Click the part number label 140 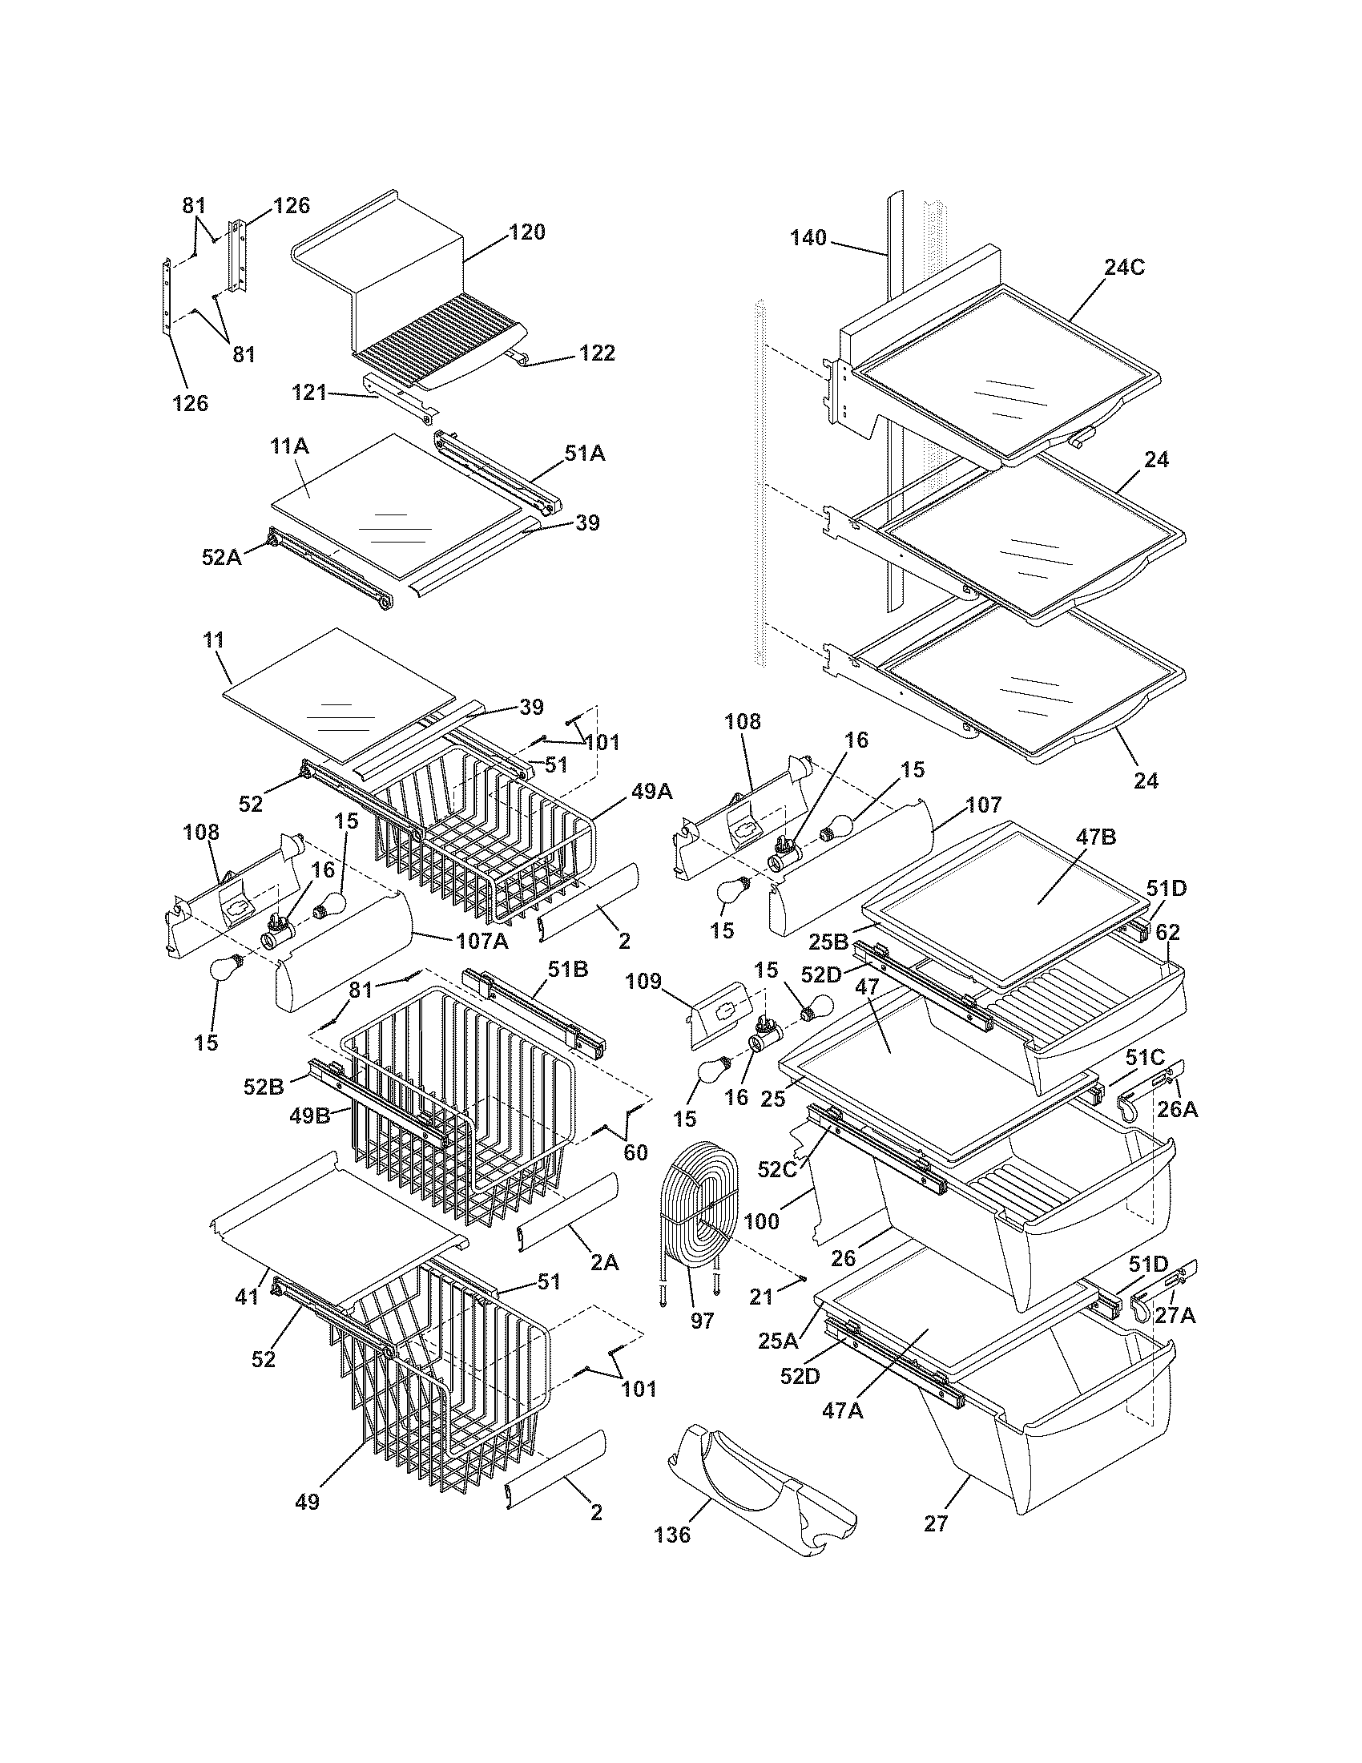pyautogui.click(x=808, y=237)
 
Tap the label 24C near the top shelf pyautogui.click(x=1124, y=268)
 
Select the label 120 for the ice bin pyautogui.click(x=527, y=232)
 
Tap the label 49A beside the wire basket pyautogui.click(x=652, y=793)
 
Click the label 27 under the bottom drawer pyautogui.click(x=936, y=1524)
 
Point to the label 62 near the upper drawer pyautogui.click(x=1168, y=933)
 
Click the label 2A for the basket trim pyautogui.click(x=603, y=1263)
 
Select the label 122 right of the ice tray pyautogui.click(x=597, y=353)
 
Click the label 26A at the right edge pyautogui.click(x=1177, y=1110)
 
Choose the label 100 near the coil pyautogui.click(x=761, y=1221)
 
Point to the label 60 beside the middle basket pyautogui.click(x=636, y=1152)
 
